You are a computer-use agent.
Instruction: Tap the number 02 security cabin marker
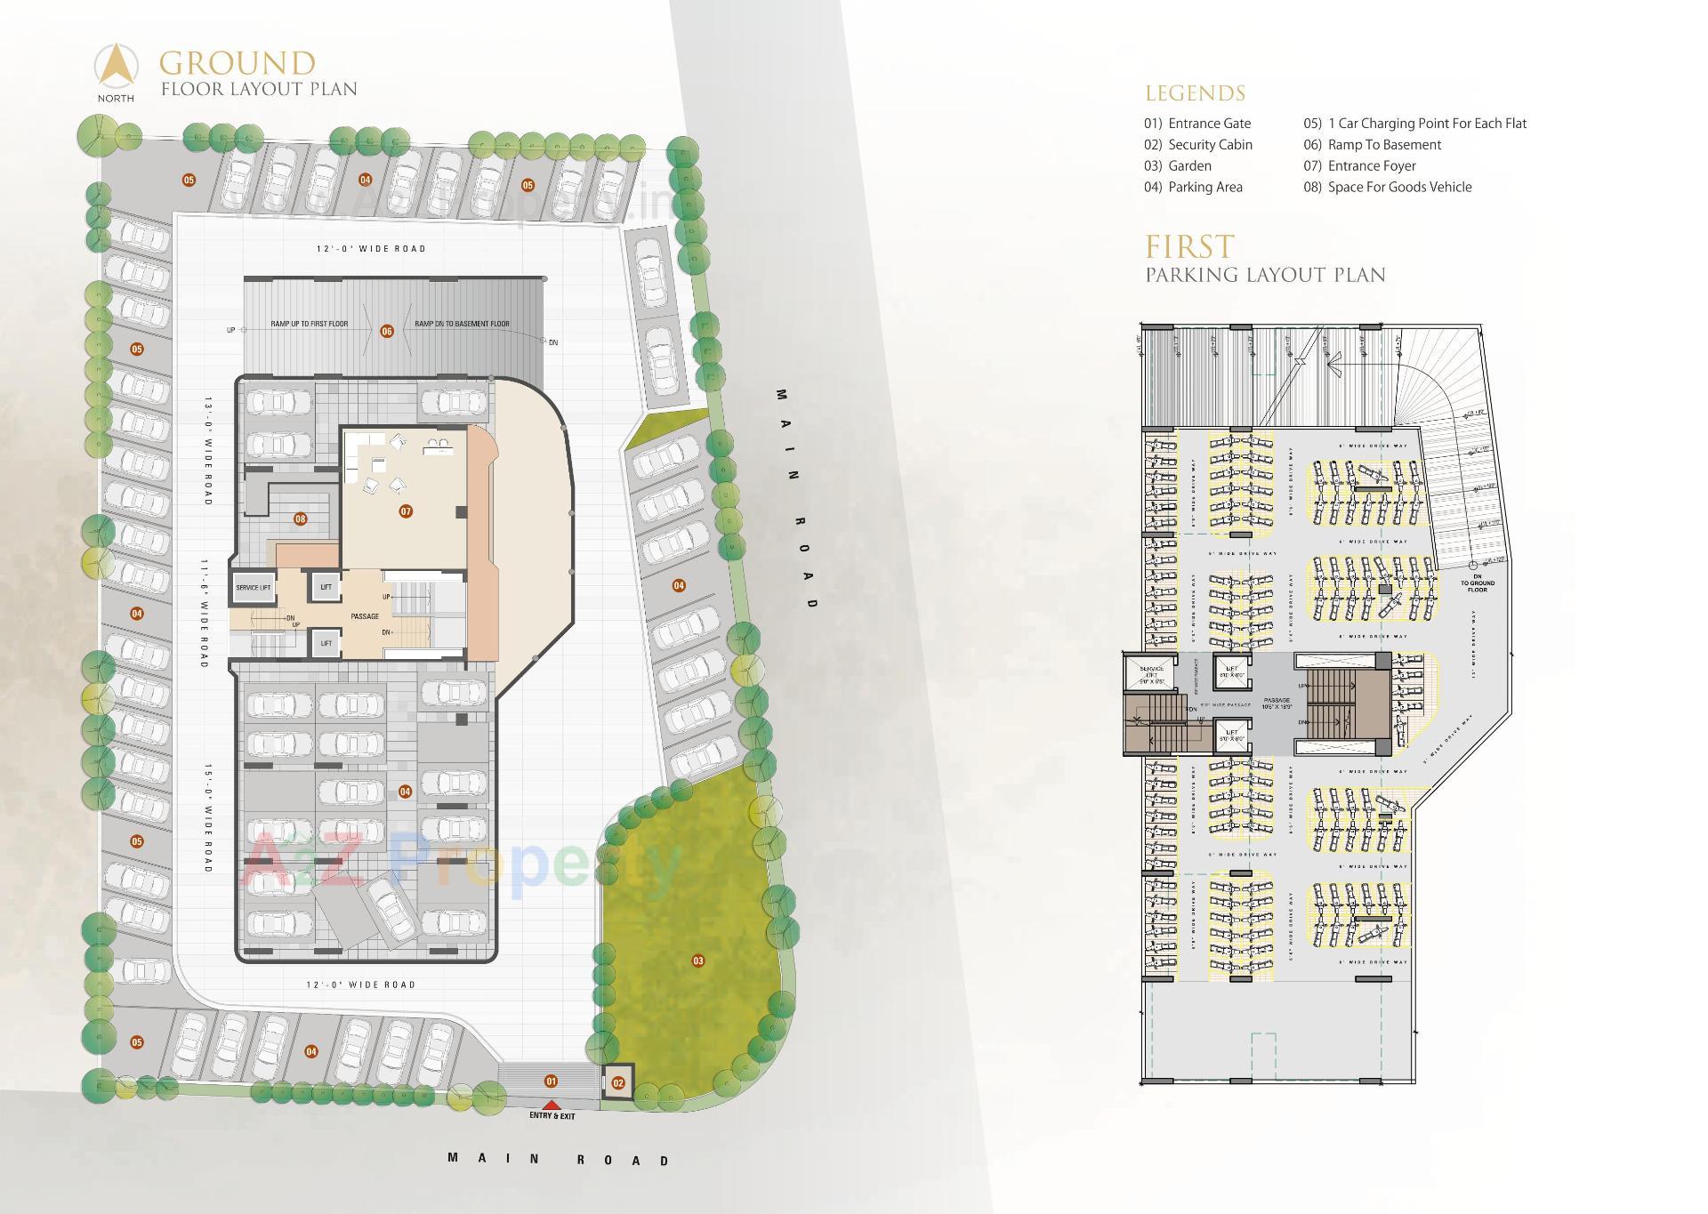618,1083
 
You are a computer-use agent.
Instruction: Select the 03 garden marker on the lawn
698,961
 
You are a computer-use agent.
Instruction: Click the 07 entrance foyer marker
406,511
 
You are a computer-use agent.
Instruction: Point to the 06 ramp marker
387,331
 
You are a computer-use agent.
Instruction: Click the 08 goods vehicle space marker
301,519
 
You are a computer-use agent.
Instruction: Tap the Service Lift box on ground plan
254,587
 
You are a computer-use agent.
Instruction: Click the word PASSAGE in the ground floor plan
365,616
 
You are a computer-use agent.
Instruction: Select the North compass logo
117,71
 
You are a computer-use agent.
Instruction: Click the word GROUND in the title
238,64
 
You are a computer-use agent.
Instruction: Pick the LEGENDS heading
1195,93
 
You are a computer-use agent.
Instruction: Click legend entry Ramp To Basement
1383,145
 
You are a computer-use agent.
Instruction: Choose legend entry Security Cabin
1209,145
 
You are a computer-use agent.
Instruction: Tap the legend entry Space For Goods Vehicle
1398,187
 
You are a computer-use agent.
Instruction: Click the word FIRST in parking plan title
1189,246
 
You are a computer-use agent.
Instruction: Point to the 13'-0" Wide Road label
208,451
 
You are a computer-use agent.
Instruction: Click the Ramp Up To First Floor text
310,324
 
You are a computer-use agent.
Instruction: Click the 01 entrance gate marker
552,1081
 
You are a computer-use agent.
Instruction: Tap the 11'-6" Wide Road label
204,613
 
